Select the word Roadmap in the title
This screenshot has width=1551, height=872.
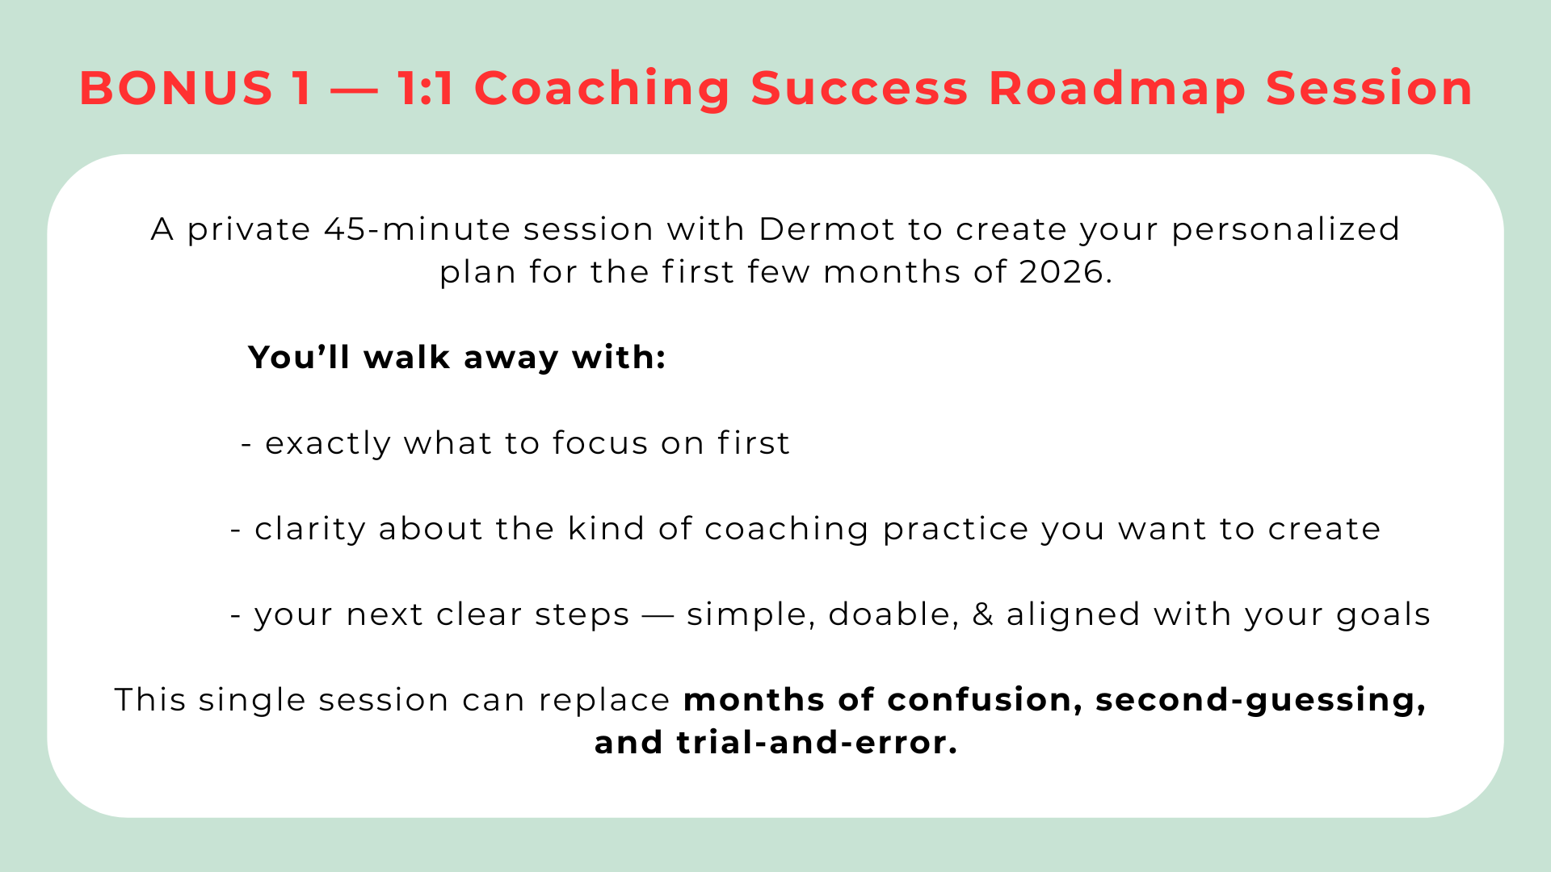point(1117,89)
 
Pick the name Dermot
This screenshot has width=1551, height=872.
point(826,229)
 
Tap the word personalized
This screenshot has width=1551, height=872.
point(1285,230)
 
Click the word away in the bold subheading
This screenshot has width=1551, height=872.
point(511,358)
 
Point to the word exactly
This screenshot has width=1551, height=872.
point(328,444)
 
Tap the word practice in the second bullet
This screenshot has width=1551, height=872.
point(956,530)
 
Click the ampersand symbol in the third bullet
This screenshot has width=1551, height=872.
point(983,614)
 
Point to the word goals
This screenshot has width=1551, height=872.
point(1384,615)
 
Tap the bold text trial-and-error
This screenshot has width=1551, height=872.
point(818,743)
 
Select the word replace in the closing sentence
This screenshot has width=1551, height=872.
point(604,701)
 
